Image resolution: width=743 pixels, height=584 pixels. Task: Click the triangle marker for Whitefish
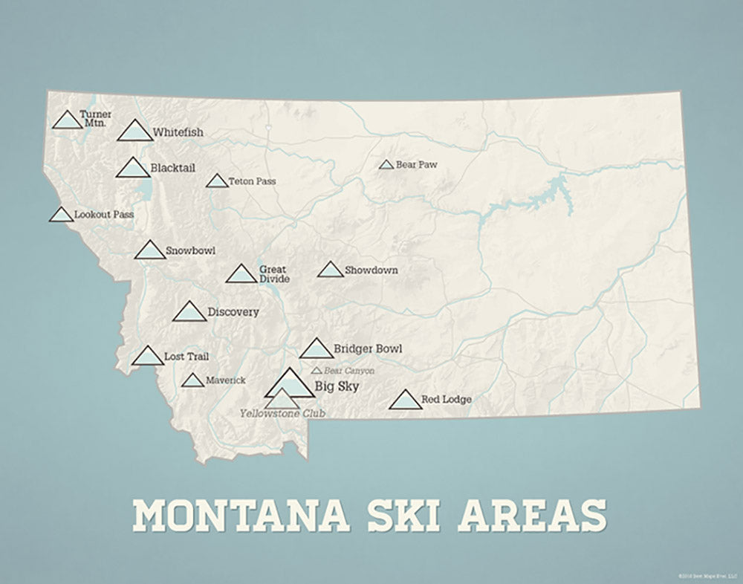tap(135, 132)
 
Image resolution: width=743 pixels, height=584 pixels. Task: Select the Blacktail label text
tap(172, 168)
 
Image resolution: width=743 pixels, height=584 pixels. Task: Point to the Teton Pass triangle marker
tap(217, 181)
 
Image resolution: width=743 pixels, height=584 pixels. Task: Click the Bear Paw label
tap(416, 164)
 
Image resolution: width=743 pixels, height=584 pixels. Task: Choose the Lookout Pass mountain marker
tap(62, 215)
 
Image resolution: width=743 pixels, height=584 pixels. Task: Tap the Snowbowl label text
tap(190, 250)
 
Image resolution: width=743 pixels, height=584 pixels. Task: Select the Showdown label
tap(371, 270)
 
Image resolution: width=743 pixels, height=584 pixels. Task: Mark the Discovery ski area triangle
tap(189, 313)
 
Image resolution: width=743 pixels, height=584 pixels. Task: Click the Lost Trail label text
tap(186, 357)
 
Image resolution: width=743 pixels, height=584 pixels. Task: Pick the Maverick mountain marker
tap(192, 381)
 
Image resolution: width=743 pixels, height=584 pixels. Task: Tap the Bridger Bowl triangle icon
tap(316, 348)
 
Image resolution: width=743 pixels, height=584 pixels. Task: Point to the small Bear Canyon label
tap(349, 370)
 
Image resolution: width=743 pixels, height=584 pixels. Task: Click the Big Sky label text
tap(337, 386)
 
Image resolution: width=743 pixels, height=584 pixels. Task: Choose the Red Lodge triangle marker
tap(405, 400)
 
